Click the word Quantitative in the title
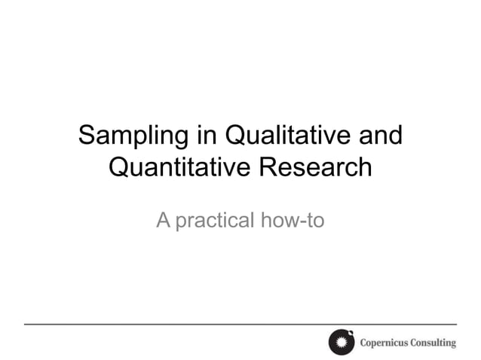click(179, 168)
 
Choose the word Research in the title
click(316, 167)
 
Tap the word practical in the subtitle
click(213, 221)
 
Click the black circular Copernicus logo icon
click(342, 343)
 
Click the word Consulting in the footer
click(434, 343)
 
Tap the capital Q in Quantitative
click(121, 167)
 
